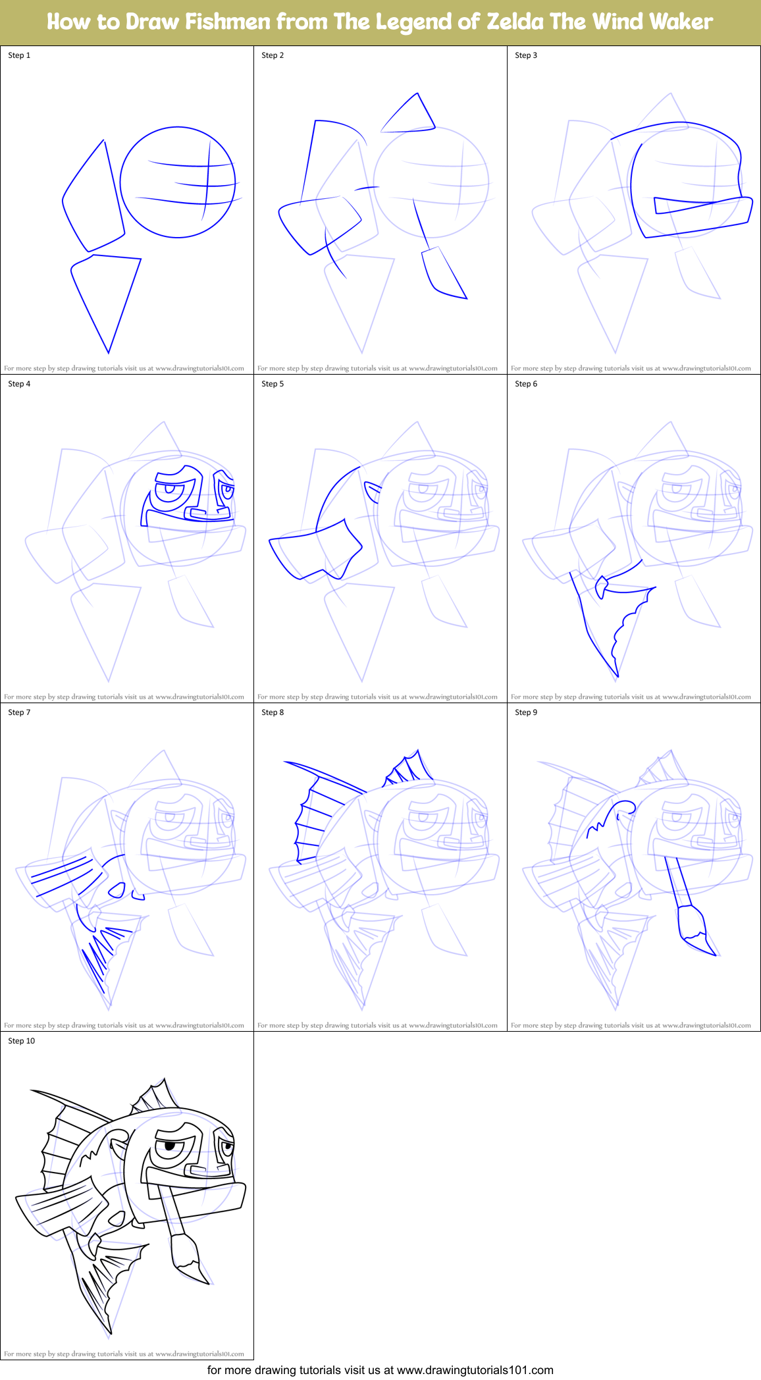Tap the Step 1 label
pos(19,55)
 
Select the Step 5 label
pos(273,384)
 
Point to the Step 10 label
pos(21,1041)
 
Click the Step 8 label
pos(273,712)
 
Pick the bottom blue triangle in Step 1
pos(105,296)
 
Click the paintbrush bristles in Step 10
pos(187,1254)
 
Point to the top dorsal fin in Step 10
pos(157,1096)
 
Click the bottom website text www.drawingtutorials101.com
pos(475,1370)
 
